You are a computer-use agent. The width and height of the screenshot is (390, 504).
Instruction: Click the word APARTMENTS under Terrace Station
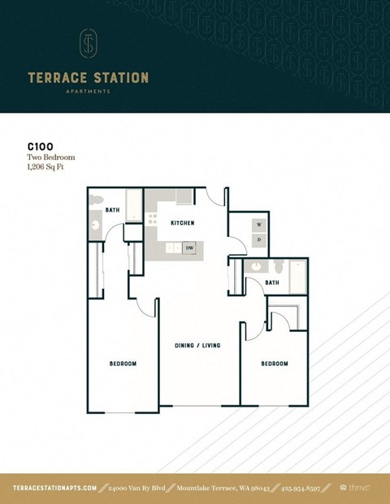[89, 92]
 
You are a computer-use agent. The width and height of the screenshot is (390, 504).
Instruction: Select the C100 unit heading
[40, 149]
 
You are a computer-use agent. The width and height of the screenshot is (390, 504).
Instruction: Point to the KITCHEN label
[182, 222]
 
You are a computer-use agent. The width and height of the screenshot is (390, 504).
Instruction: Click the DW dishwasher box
[188, 248]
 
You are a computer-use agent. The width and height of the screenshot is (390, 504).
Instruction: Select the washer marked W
[259, 224]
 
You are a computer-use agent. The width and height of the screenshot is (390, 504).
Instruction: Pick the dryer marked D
[259, 240]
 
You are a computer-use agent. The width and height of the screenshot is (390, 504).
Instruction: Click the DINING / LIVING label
[197, 346]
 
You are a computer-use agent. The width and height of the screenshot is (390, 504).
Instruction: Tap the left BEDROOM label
[123, 364]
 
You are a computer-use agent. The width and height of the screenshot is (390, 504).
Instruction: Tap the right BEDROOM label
[274, 364]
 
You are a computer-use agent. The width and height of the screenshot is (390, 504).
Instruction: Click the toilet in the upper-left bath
[96, 200]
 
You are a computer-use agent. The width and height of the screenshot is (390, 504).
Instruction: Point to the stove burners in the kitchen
[152, 218]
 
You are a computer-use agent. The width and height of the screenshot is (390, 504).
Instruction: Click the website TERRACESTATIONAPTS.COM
[56, 488]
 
